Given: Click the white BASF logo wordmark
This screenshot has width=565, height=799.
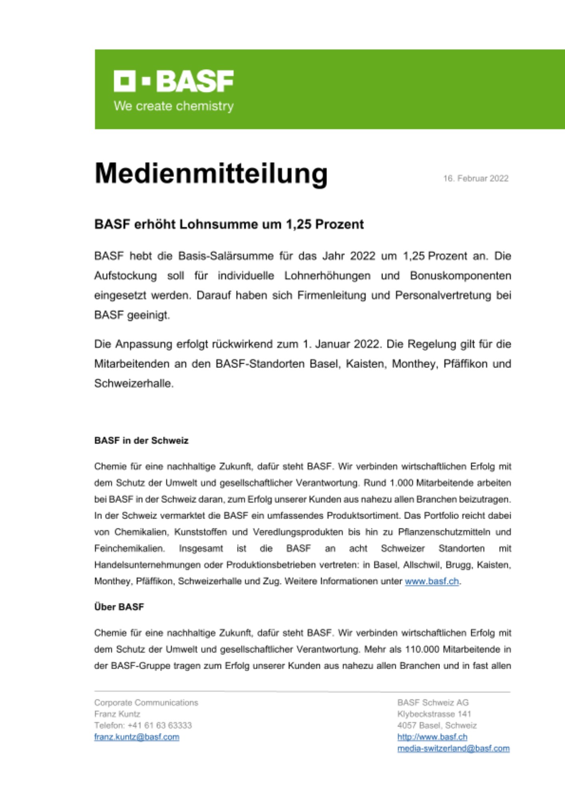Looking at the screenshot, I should coord(173,81).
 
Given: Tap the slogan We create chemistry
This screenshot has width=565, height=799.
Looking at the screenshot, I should coord(173,106).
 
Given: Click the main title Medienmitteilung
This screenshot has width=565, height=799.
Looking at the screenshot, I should coord(211,174).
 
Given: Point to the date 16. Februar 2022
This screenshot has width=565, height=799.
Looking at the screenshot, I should coord(475,179).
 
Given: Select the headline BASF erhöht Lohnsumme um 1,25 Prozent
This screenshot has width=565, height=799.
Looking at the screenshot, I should coord(229,225).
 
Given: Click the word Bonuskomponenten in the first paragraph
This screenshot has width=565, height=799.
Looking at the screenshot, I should coord(460,276).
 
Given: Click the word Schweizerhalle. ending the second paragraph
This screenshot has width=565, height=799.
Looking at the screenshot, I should coord(134,384).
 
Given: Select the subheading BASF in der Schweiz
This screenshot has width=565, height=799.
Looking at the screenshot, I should coord(141,441).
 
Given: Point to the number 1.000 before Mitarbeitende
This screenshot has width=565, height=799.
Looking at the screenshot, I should coord(401,483).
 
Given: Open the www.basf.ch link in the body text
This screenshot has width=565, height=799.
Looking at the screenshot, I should coord(432,581).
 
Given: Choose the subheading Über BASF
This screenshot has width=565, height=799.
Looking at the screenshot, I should coord(119,607).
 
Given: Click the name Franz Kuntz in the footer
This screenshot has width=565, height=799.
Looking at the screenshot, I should coord(117,714).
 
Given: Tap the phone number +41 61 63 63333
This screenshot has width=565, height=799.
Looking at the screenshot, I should coord(159,725).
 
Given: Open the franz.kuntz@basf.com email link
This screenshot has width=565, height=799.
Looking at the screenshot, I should coord(137,737).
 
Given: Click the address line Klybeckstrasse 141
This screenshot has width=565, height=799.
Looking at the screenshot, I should coord(434,714).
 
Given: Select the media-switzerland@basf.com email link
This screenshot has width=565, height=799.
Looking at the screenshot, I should coord(453,748).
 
